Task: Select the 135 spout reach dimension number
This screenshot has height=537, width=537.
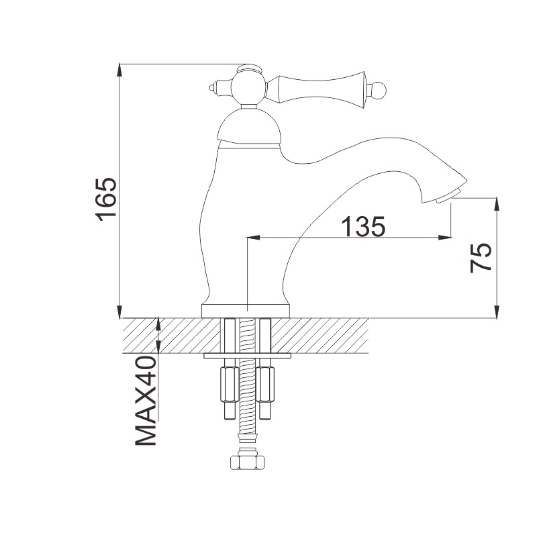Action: [x=362, y=227]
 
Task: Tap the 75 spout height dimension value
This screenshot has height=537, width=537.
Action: [x=481, y=257]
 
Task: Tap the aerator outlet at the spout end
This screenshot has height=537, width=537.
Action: [x=448, y=197]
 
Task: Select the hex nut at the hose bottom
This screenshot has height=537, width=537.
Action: [x=248, y=463]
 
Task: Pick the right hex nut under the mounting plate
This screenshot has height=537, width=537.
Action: [x=266, y=383]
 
